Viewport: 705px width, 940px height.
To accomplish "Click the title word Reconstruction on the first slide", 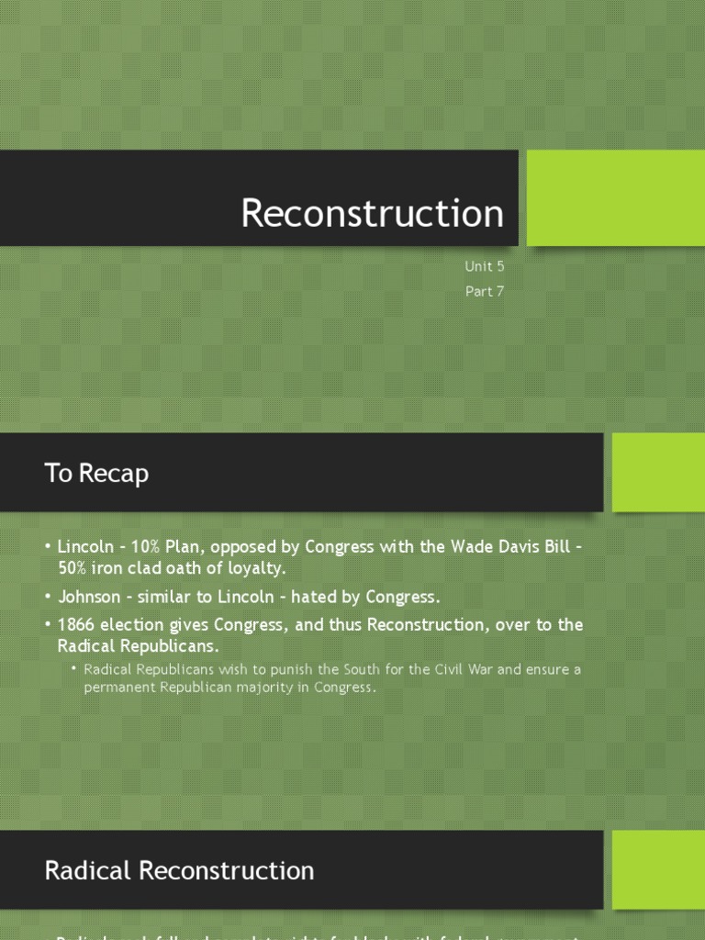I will point(372,213).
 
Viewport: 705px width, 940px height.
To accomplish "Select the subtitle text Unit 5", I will point(484,267).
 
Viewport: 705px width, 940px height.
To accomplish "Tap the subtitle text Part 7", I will point(485,292).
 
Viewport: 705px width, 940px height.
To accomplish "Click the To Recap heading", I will point(96,474).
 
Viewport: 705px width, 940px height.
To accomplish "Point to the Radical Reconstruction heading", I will point(179,870).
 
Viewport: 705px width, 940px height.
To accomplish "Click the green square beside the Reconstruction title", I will point(615,197).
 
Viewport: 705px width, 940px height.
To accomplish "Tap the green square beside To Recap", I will point(658,472).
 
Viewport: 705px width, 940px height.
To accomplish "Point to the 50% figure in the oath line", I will point(74,568).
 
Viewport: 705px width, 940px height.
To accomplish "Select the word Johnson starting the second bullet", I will point(89,597).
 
